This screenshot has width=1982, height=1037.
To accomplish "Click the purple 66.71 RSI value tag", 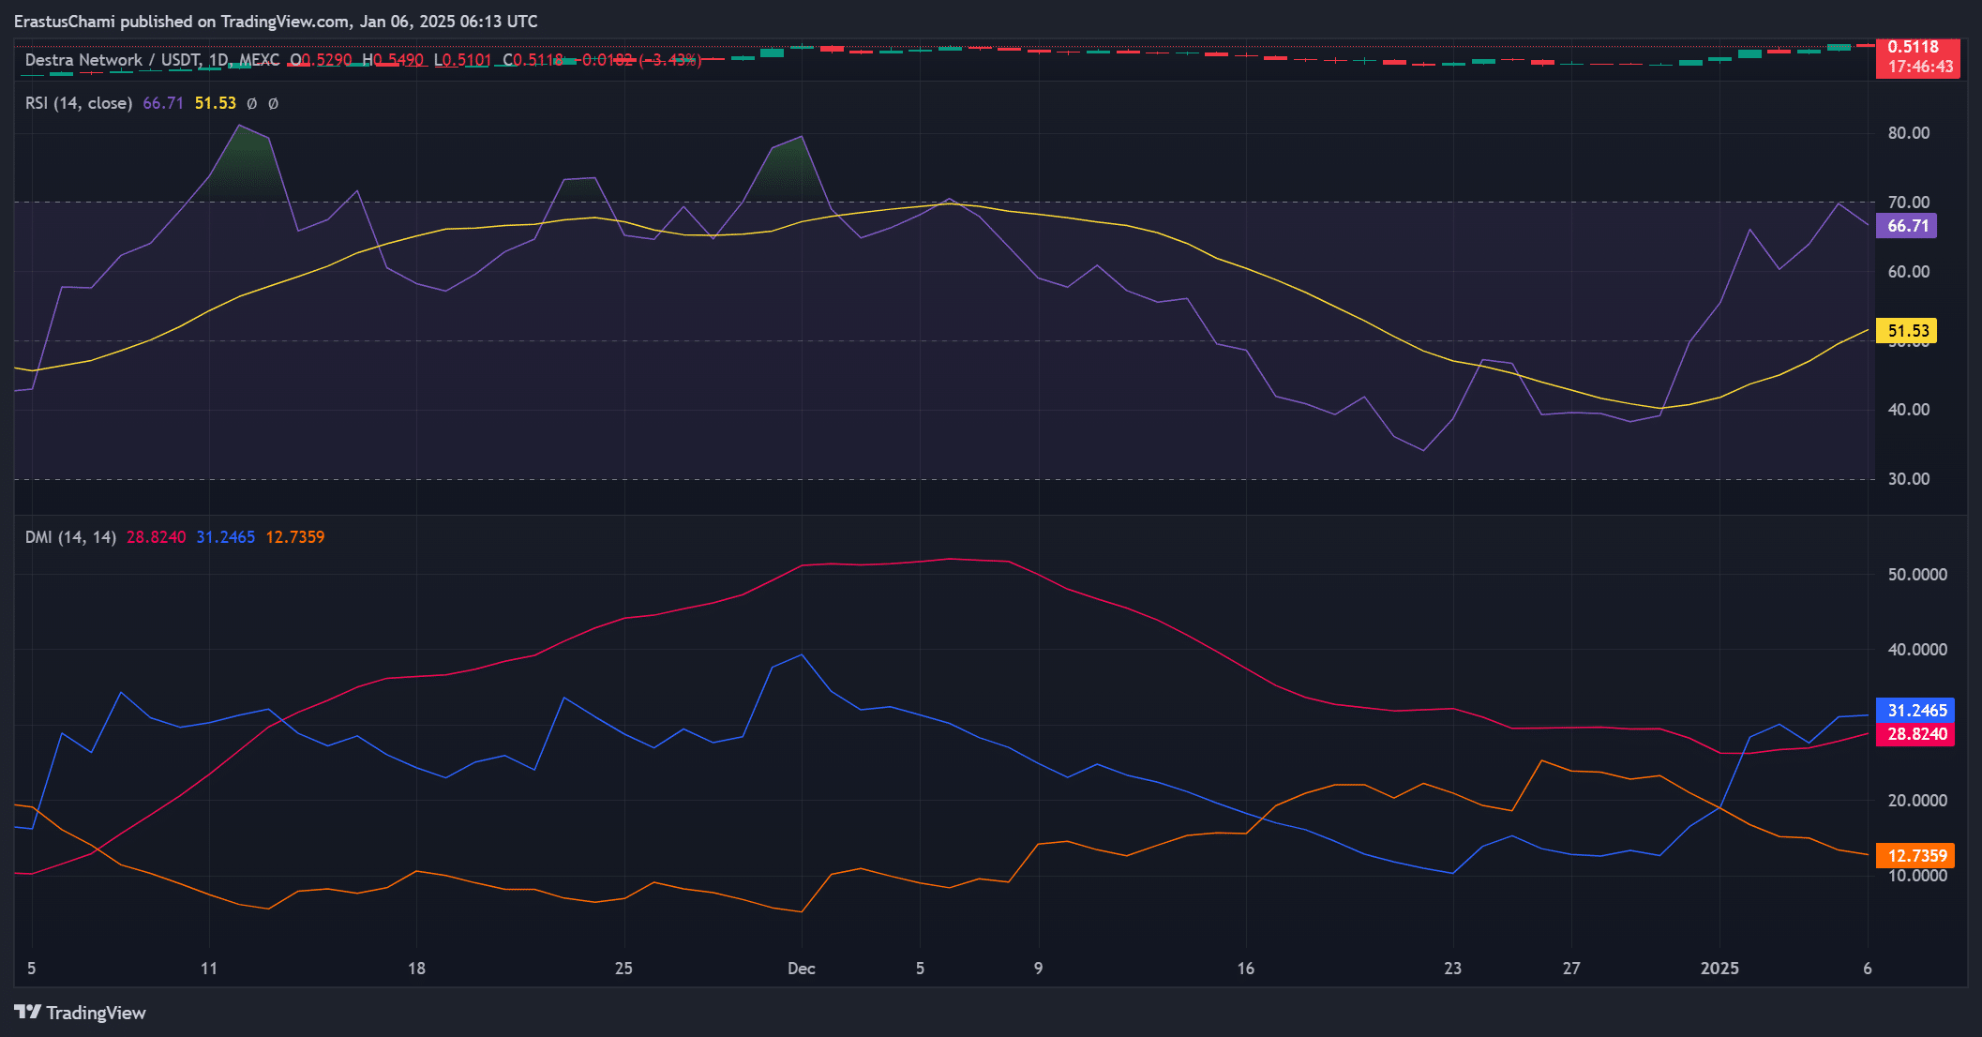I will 1906,226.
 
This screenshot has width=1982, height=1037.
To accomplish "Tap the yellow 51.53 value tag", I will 1906,331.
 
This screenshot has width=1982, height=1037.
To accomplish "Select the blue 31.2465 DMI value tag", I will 1915,711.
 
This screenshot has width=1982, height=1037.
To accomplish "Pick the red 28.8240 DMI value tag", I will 1915,734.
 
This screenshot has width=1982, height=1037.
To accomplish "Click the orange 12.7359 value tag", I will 1915,855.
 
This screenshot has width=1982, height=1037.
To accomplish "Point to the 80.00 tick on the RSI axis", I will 1908,133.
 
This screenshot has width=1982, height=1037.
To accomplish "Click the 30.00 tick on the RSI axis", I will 1908,479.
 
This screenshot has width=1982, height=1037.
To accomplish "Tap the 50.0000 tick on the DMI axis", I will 1916,575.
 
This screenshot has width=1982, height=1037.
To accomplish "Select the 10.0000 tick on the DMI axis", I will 1916,876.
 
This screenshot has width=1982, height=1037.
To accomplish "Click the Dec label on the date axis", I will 802,969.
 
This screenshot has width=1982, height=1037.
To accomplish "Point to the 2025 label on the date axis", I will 1719,969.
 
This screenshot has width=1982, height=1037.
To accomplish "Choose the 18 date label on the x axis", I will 416,969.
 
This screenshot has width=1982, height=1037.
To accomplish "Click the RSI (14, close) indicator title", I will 79,103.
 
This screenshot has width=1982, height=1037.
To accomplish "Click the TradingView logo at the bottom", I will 81,1013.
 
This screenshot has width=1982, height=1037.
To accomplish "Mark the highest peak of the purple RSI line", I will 240,126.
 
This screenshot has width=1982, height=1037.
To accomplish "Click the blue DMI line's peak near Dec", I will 801,654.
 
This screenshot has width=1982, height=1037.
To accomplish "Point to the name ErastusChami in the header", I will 64,21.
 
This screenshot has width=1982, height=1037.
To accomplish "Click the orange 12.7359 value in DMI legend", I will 294,537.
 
